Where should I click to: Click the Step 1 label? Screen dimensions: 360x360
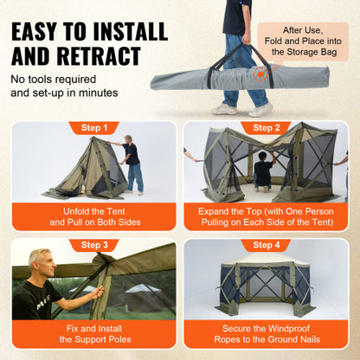click(93, 128)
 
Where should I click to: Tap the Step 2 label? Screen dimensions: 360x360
click(266, 128)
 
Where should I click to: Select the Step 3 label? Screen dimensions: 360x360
click(93, 245)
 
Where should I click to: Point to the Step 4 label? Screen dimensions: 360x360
click(266, 245)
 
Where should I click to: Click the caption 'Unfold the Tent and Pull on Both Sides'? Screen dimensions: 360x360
click(93, 216)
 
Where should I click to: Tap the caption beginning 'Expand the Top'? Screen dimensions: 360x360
click(266, 216)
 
